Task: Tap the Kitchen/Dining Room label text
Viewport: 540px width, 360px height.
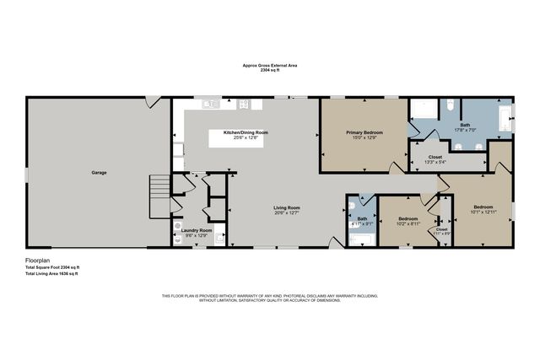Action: coord(246,132)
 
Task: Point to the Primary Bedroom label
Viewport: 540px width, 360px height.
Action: coord(364,132)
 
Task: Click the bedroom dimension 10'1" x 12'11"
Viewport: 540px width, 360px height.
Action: coord(483,212)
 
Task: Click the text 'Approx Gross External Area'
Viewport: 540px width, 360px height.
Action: coord(269,65)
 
